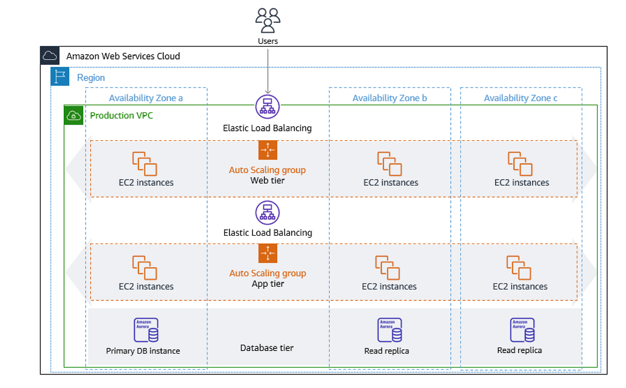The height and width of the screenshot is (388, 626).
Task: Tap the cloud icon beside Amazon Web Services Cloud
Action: point(50,56)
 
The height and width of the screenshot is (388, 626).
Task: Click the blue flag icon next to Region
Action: point(60,77)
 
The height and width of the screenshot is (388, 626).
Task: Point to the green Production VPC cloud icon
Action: point(74,115)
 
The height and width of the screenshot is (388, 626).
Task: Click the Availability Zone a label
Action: point(146,98)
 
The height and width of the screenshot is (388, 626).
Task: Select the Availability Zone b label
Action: point(390,98)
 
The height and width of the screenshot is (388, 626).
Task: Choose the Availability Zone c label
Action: point(521,98)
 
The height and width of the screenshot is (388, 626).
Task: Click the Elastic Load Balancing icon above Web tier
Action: point(268,106)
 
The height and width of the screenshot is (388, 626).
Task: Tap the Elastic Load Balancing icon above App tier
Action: point(268,212)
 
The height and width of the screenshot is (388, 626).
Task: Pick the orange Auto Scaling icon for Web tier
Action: point(268,150)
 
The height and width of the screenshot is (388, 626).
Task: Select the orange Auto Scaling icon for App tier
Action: point(268,253)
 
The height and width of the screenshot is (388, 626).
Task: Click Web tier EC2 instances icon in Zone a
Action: point(145,163)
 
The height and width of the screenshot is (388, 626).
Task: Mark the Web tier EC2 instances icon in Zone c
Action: point(520,163)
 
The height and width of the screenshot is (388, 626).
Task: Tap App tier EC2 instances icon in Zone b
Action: point(388,268)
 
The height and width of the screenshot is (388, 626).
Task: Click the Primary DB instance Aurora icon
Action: point(146,330)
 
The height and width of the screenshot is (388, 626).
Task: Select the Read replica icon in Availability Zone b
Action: point(389,330)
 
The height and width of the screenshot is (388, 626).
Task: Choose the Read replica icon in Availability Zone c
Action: point(522,330)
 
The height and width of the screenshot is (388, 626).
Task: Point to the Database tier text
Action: point(267,348)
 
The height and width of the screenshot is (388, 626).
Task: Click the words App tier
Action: point(268,284)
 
